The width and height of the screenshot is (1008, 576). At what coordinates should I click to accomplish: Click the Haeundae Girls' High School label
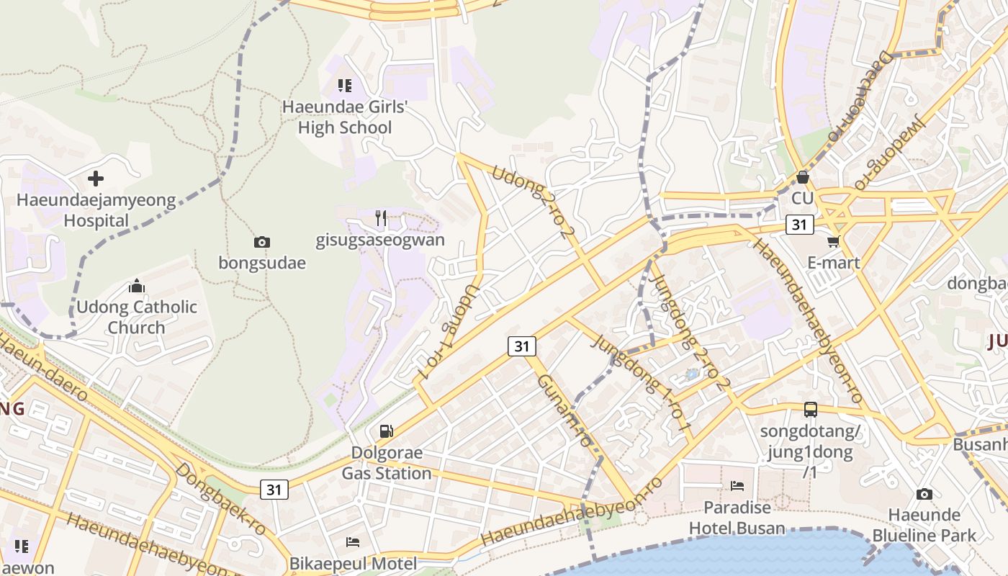pyautogui.click(x=345, y=117)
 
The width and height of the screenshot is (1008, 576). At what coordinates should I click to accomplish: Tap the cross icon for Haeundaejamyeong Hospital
pyautogui.click(x=96, y=178)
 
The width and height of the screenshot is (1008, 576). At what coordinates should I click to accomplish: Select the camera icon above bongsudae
pyautogui.click(x=262, y=242)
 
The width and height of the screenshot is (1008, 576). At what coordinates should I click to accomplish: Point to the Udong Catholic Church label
pyautogui.click(x=137, y=317)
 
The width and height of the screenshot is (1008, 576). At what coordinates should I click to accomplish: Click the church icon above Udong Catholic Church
pyautogui.click(x=137, y=287)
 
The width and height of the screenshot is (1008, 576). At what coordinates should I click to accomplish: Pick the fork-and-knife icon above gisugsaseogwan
pyautogui.click(x=381, y=217)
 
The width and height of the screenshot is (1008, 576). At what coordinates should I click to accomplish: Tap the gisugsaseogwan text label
pyautogui.click(x=380, y=240)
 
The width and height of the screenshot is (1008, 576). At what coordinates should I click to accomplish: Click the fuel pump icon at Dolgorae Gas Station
pyautogui.click(x=387, y=431)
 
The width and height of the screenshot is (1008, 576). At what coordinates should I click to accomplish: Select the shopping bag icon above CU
pyautogui.click(x=802, y=176)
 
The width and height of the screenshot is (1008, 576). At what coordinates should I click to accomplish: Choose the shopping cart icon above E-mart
pyautogui.click(x=834, y=241)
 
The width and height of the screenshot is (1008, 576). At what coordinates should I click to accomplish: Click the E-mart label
pyautogui.click(x=834, y=263)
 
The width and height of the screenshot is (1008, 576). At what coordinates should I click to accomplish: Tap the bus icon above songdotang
pyautogui.click(x=811, y=410)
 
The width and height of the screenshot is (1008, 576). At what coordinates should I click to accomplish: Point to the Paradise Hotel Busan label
pyautogui.click(x=737, y=518)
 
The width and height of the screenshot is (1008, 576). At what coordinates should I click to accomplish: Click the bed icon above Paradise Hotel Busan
pyautogui.click(x=737, y=486)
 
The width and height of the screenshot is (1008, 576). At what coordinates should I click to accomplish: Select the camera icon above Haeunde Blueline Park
pyautogui.click(x=924, y=494)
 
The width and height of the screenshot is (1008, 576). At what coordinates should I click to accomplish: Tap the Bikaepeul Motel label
pyautogui.click(x=353, y=563)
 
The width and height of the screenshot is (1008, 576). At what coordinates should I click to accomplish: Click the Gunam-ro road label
pyautogui.click(x=569, y=413)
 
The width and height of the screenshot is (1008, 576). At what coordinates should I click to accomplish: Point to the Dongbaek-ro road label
pyautogui.click(x=220, y=499)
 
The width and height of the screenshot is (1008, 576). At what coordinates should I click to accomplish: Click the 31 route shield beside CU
pyautogui.click(x=799, y=225)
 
